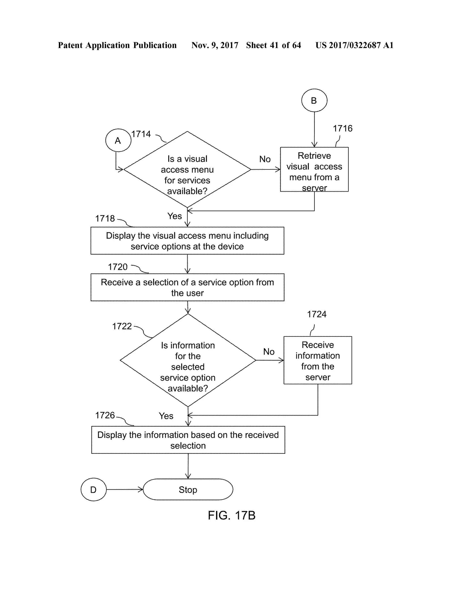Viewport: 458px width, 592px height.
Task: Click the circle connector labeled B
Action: point(314,100)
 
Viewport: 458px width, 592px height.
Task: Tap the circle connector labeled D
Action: point(93,489)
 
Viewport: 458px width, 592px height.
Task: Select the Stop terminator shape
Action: point(188,489)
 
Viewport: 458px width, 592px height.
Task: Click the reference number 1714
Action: point(141,134)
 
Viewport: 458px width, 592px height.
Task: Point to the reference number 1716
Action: point(342,128)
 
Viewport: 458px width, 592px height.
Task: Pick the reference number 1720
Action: point(118,267)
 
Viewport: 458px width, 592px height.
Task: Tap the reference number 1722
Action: point(122,326)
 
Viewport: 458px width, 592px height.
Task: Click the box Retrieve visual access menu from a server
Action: point(314,169)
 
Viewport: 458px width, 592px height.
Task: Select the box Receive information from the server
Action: point(318,360)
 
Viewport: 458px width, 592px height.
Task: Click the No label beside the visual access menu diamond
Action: point(265,159)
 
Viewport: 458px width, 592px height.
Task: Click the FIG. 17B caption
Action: point(231,515)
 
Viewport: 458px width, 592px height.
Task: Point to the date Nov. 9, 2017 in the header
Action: point(215,45)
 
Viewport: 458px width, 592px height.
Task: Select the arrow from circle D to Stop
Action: point(124,489)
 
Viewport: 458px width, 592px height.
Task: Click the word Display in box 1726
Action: point(112,435)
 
